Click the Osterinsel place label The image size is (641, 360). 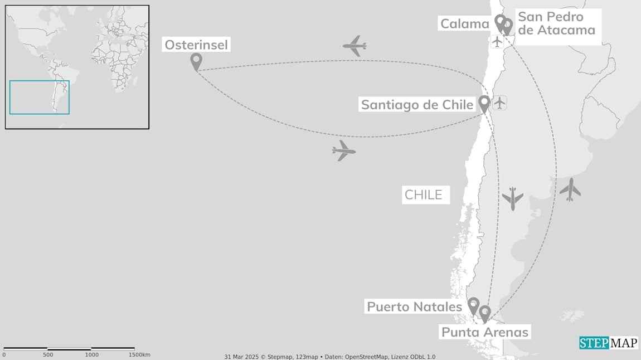(196, 45)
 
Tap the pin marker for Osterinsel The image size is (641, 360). (196, 61)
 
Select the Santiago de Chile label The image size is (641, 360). (417, 105)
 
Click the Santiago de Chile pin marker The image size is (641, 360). (484, 103)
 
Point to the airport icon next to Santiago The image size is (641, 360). (500, 103)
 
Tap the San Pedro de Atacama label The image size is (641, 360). (556, 23)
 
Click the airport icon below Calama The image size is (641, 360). (497, 41)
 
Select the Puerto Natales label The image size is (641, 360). (414, 307)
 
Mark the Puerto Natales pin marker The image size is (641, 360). (473, 305)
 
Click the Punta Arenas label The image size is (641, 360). (485, 332)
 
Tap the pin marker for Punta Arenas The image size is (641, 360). (485, 313)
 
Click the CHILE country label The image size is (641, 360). (424, 195)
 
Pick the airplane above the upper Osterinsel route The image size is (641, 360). (355, 46)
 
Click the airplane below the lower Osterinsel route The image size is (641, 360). (343, 150)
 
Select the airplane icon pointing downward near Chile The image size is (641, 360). (512, 198)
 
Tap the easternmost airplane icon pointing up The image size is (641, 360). (570, 189)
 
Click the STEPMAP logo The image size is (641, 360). (608, 343)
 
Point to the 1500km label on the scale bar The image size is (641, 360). (139, 355)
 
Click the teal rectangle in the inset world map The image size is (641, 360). (39, 98)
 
